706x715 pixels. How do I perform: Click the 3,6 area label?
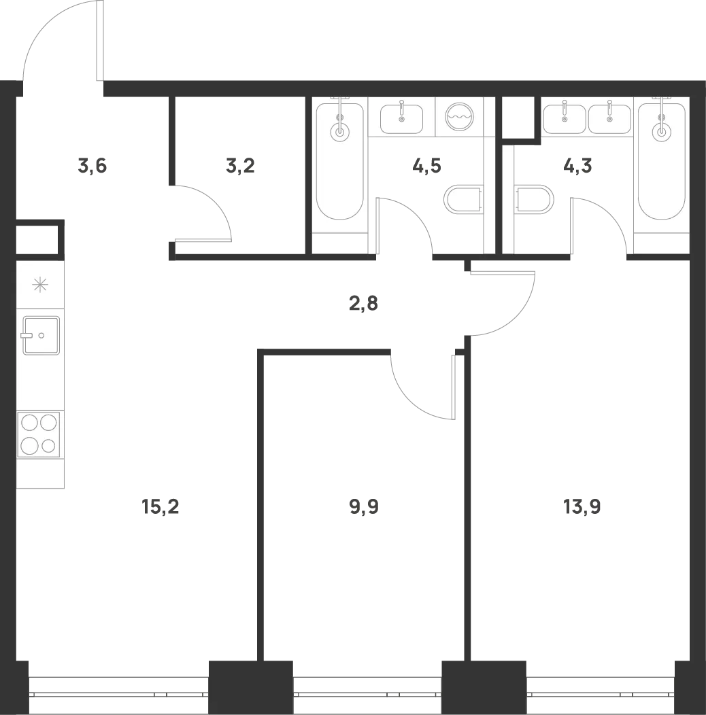93,167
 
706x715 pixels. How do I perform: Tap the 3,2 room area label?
240,167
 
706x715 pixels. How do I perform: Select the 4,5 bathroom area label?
426,167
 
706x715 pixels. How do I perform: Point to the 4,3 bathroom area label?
577,167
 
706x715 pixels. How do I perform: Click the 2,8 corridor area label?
363,303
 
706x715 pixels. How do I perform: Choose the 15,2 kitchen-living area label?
161,506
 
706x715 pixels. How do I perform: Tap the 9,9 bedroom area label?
364,506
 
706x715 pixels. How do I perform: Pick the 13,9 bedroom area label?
582,506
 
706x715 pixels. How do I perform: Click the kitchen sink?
41,336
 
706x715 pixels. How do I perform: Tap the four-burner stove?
39,434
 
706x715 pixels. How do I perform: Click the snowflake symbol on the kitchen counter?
40,285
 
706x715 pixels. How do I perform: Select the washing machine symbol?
459,117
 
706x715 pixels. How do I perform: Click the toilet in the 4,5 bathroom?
463,199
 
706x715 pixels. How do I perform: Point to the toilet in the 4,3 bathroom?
534,199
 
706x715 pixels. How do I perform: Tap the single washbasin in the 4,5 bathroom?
401,119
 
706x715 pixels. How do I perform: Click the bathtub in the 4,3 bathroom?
662,162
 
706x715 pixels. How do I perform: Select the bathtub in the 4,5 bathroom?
340,162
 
